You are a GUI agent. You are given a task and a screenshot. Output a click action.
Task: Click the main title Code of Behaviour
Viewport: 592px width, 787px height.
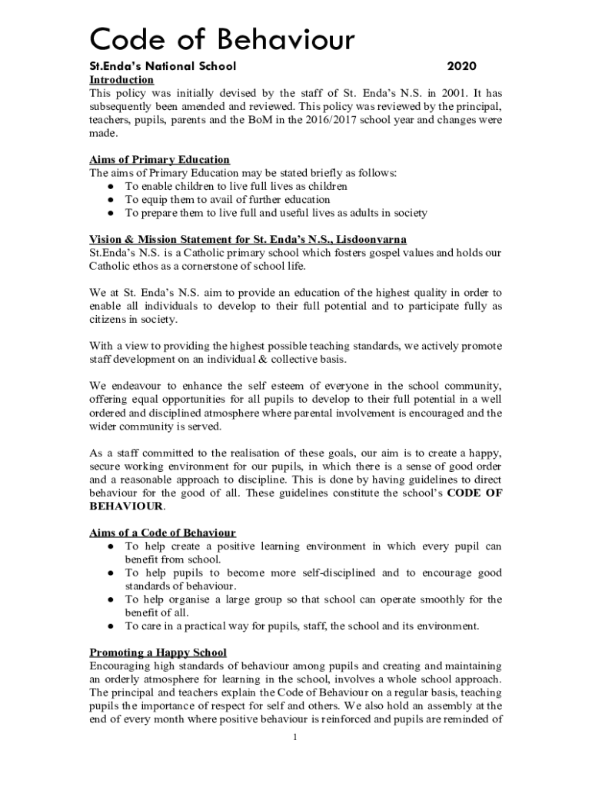[223, 38]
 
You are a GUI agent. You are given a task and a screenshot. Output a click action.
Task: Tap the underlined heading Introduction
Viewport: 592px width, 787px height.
[121, 80]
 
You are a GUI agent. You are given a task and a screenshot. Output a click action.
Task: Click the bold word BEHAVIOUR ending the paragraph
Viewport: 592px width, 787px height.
[126, 506]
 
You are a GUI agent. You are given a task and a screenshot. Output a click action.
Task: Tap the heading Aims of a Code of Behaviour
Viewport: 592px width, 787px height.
[163, 533]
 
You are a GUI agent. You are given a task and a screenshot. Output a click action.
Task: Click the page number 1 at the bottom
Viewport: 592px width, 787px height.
[296, 739]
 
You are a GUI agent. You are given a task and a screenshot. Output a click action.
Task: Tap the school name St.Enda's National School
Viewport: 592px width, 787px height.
[163, 66]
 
